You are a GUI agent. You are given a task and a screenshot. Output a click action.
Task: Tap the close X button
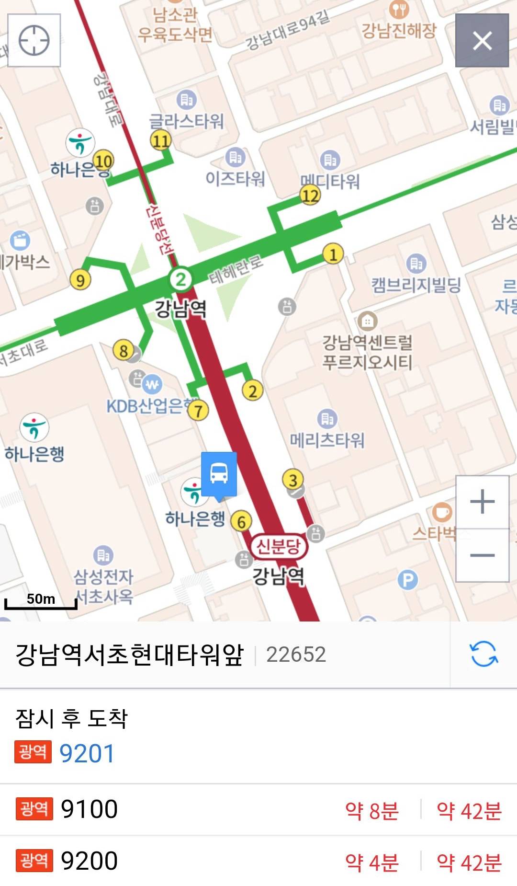click(482, 40)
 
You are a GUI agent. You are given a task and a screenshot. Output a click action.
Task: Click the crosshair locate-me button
click(34, 40)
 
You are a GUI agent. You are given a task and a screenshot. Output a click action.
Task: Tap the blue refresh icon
click(483, 654)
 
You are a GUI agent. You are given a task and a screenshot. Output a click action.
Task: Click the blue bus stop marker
click(219, 474)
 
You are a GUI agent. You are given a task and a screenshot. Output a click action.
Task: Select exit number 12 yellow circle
click(310, 196)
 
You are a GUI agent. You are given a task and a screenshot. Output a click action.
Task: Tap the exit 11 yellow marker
click(161, 140)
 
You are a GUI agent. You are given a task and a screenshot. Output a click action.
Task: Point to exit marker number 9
click(80, 280)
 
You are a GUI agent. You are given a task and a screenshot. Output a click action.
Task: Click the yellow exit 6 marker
click(241, 522)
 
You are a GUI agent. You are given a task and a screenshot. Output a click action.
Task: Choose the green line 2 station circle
click(180, 279)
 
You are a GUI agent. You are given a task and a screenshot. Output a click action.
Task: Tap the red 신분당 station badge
click(279, 546)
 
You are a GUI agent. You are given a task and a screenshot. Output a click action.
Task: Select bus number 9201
click(87, 753)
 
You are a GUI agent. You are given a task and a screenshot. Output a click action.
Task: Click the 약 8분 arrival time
click(372, 810)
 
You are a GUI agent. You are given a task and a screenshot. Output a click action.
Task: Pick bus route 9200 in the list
click(89, 861)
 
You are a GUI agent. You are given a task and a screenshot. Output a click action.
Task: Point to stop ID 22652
click(296, 655)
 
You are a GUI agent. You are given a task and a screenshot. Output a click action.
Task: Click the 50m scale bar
click(41, 602)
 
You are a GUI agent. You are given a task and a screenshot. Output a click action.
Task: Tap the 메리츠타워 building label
click(327, 440)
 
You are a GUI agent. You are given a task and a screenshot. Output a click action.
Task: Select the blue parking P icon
click(407, 580)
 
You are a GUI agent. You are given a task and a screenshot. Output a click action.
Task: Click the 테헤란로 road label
click(236, 268)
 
